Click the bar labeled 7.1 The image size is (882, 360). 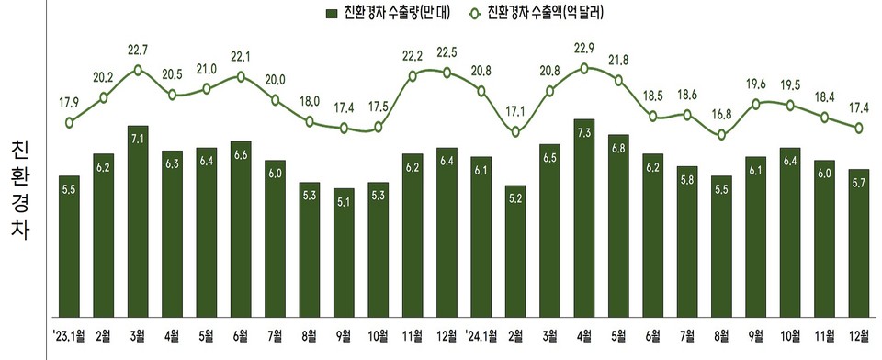(x=138, y=220)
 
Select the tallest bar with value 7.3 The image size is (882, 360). (x=584, y=217)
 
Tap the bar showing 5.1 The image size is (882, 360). (x=344, y=252)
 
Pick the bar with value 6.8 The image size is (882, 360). (x=618, y=225)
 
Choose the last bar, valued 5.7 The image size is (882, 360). (x=859, y=242)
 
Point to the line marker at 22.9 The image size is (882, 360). (x=584, y=67)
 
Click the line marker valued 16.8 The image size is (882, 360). (x=722, y=135)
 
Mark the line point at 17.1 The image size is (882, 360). (x=515, y=132)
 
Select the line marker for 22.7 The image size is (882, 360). (x=138, y=69)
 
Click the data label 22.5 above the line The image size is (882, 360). (x=447, y=51)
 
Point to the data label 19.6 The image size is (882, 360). (x=756, y=84)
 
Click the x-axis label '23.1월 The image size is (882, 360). (x=69, y=333)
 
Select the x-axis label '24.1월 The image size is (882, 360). (x=481, y=333)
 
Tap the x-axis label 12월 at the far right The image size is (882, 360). (x=859, y=333)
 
